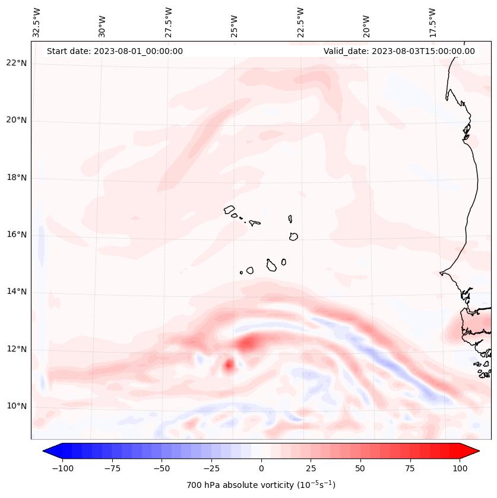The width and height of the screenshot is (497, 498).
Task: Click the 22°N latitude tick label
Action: (x=17, y=63)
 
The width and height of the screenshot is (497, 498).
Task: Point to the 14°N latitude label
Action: (x=17, y=292)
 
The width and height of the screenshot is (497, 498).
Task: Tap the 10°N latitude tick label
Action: (x=17, y=407)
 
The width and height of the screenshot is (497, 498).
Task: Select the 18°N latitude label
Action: (x=17, y=177)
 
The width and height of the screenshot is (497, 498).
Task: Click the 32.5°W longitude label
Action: (x=37, y=23)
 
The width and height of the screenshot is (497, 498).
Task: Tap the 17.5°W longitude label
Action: (x=432, y=23)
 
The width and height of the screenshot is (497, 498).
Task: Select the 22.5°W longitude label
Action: (x=300, y=23)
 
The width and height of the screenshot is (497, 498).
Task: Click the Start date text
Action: (x=115, y=51)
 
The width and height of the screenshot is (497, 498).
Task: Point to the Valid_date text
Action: (x=399, y=51)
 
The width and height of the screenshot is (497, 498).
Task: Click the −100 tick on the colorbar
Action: (x=62, y=468)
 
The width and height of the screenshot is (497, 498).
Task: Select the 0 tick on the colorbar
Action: (x=261, y=468)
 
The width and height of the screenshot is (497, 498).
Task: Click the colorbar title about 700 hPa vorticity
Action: (x=261, y=486)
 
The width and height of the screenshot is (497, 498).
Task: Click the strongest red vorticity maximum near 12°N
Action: (x=249, y=342)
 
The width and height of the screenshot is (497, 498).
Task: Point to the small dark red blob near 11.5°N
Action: (x=229, y=365)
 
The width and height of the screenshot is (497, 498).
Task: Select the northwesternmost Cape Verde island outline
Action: (x=229, y=209)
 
